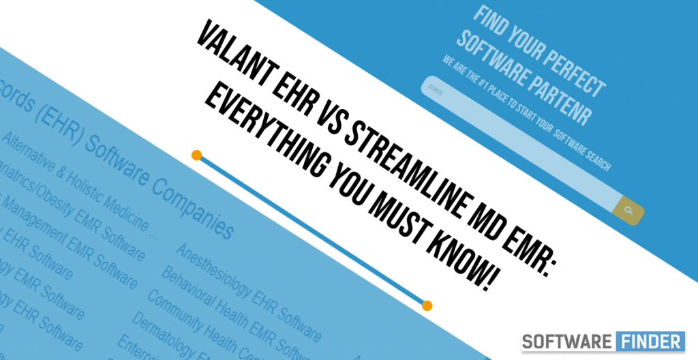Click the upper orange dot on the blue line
tap(196, 155)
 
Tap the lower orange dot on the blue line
tap(427, 305)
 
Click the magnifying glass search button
tap(628, 210)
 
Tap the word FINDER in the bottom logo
tap(652, 341)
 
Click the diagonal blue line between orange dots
tap(312, 230)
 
